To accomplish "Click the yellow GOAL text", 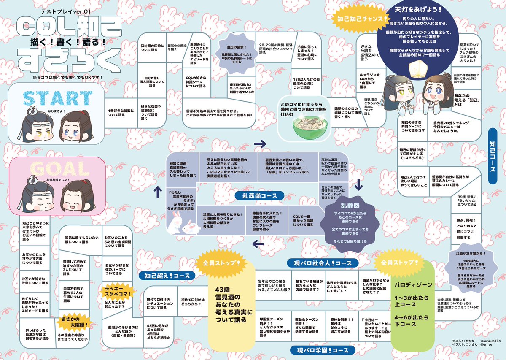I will pyautogui.click(x=51, y=170).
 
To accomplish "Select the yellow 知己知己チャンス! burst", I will pyautogui.click(x=362, y=19).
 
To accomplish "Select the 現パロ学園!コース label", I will pyautogui.click(x=320, y=350).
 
